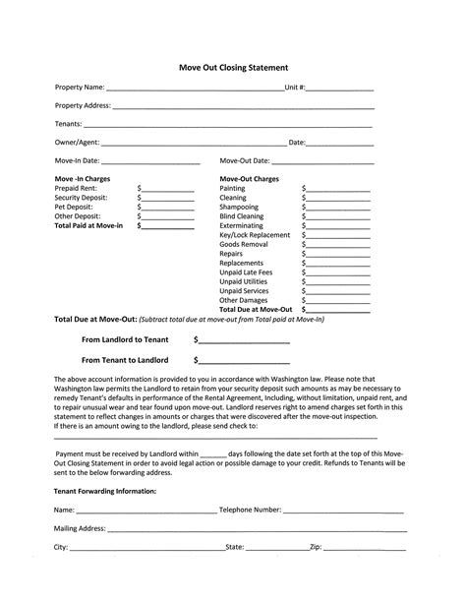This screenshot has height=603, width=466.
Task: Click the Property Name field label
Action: click(80, 88)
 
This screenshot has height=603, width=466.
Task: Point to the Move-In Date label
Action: click(77, 160)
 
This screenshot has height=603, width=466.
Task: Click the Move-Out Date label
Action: click(244, 160)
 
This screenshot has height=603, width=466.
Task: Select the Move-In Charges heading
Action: click(83, 179)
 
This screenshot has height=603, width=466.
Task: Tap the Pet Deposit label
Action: click(75, 207)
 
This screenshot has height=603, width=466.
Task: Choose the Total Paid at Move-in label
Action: click(89, 225)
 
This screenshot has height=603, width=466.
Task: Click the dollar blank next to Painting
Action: click(337, 189)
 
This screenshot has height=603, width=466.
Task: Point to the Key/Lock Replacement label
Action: click(255, 235)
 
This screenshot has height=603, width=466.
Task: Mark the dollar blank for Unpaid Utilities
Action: click(337, 281)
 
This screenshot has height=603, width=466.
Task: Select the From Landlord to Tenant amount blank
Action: click(244, 339)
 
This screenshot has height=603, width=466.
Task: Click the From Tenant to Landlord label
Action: click(125, 360)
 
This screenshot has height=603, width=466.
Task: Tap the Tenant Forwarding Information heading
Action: click(104, 490)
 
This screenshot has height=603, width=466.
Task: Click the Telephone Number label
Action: click(250, 511)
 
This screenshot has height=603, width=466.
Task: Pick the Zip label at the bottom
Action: click(316, 546)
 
